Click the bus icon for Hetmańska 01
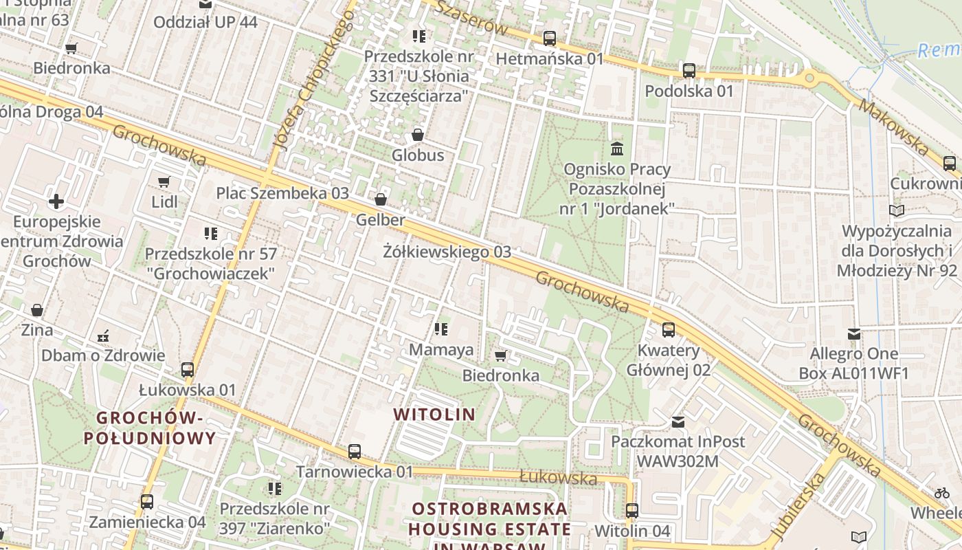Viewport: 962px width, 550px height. point(549,38)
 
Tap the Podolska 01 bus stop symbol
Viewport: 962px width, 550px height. point(689,71)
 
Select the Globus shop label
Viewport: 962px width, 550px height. point(418,155)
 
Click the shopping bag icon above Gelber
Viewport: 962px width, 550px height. point(381,199)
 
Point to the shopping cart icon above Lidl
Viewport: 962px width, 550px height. point(164,182)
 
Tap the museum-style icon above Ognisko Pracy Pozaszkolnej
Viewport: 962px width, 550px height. point(616,148)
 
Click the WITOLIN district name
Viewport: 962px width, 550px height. point(434,414)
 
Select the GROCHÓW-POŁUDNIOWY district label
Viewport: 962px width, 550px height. point(150,427)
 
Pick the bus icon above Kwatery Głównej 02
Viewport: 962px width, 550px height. point(668,330)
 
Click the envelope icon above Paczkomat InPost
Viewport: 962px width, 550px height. point(678,421)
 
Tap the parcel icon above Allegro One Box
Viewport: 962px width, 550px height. point(854,334)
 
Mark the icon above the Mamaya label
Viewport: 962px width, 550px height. point(440,330)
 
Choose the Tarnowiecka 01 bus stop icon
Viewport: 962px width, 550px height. point(355,452)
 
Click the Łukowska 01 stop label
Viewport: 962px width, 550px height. point(188,390)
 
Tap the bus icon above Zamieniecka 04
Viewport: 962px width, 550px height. point(146,502)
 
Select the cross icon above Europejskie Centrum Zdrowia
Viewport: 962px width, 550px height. point(56,201)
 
